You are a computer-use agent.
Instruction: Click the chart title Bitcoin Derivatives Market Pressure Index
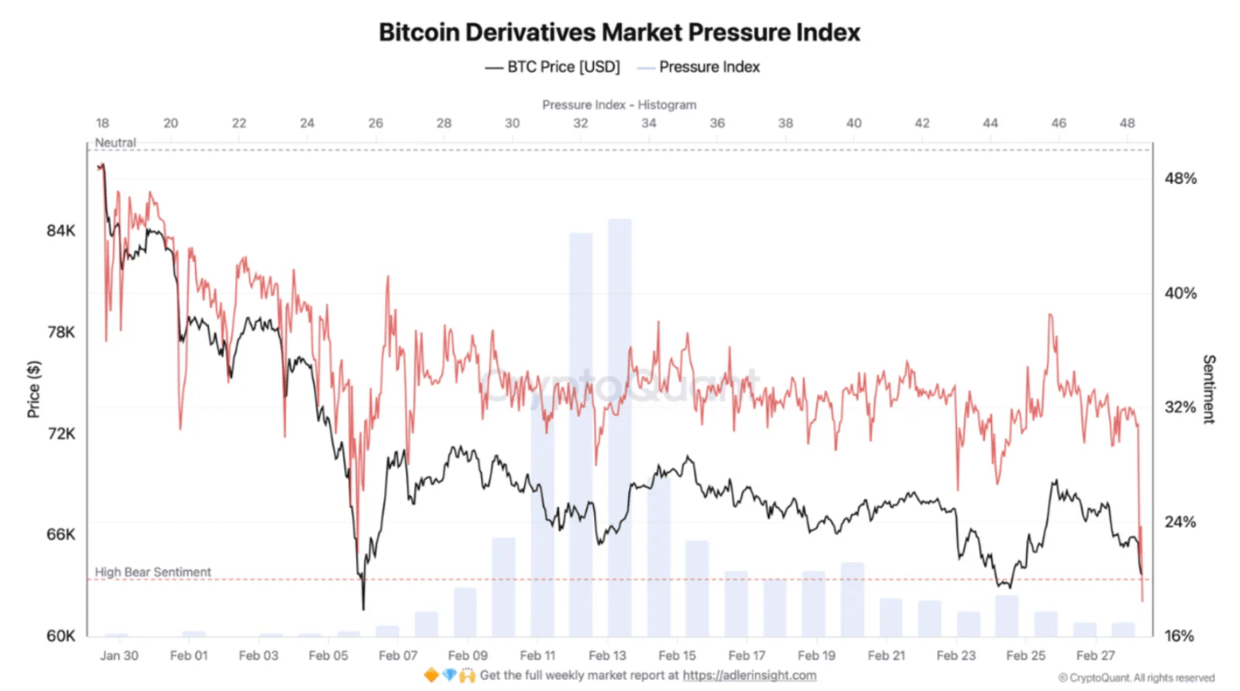(619, 32)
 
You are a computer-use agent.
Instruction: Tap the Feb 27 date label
(1096, 656)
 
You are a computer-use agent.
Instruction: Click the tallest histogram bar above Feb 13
(620, 428)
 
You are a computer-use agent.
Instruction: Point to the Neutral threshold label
(116, 143)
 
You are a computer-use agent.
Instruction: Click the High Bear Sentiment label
(152, 572)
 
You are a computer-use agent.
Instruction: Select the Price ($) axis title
(33, 390)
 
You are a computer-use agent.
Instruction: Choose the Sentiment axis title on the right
(1208, 389)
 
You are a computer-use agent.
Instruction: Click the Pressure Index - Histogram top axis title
(619, 104)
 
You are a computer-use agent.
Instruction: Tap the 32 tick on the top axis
(580, 123)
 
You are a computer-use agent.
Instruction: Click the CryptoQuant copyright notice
(1136, 677)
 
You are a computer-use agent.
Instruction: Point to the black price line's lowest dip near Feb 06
(363, 608)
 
